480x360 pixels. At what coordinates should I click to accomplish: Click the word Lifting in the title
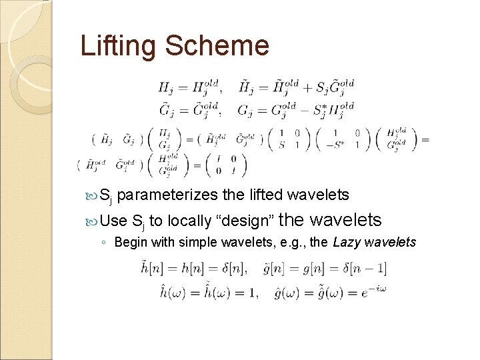118,46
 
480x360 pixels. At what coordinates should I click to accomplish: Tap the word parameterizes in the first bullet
167,195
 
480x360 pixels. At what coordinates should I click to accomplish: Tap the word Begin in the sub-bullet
131,241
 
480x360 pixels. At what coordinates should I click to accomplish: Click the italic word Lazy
348,241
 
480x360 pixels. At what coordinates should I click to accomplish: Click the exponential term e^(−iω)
372,291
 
